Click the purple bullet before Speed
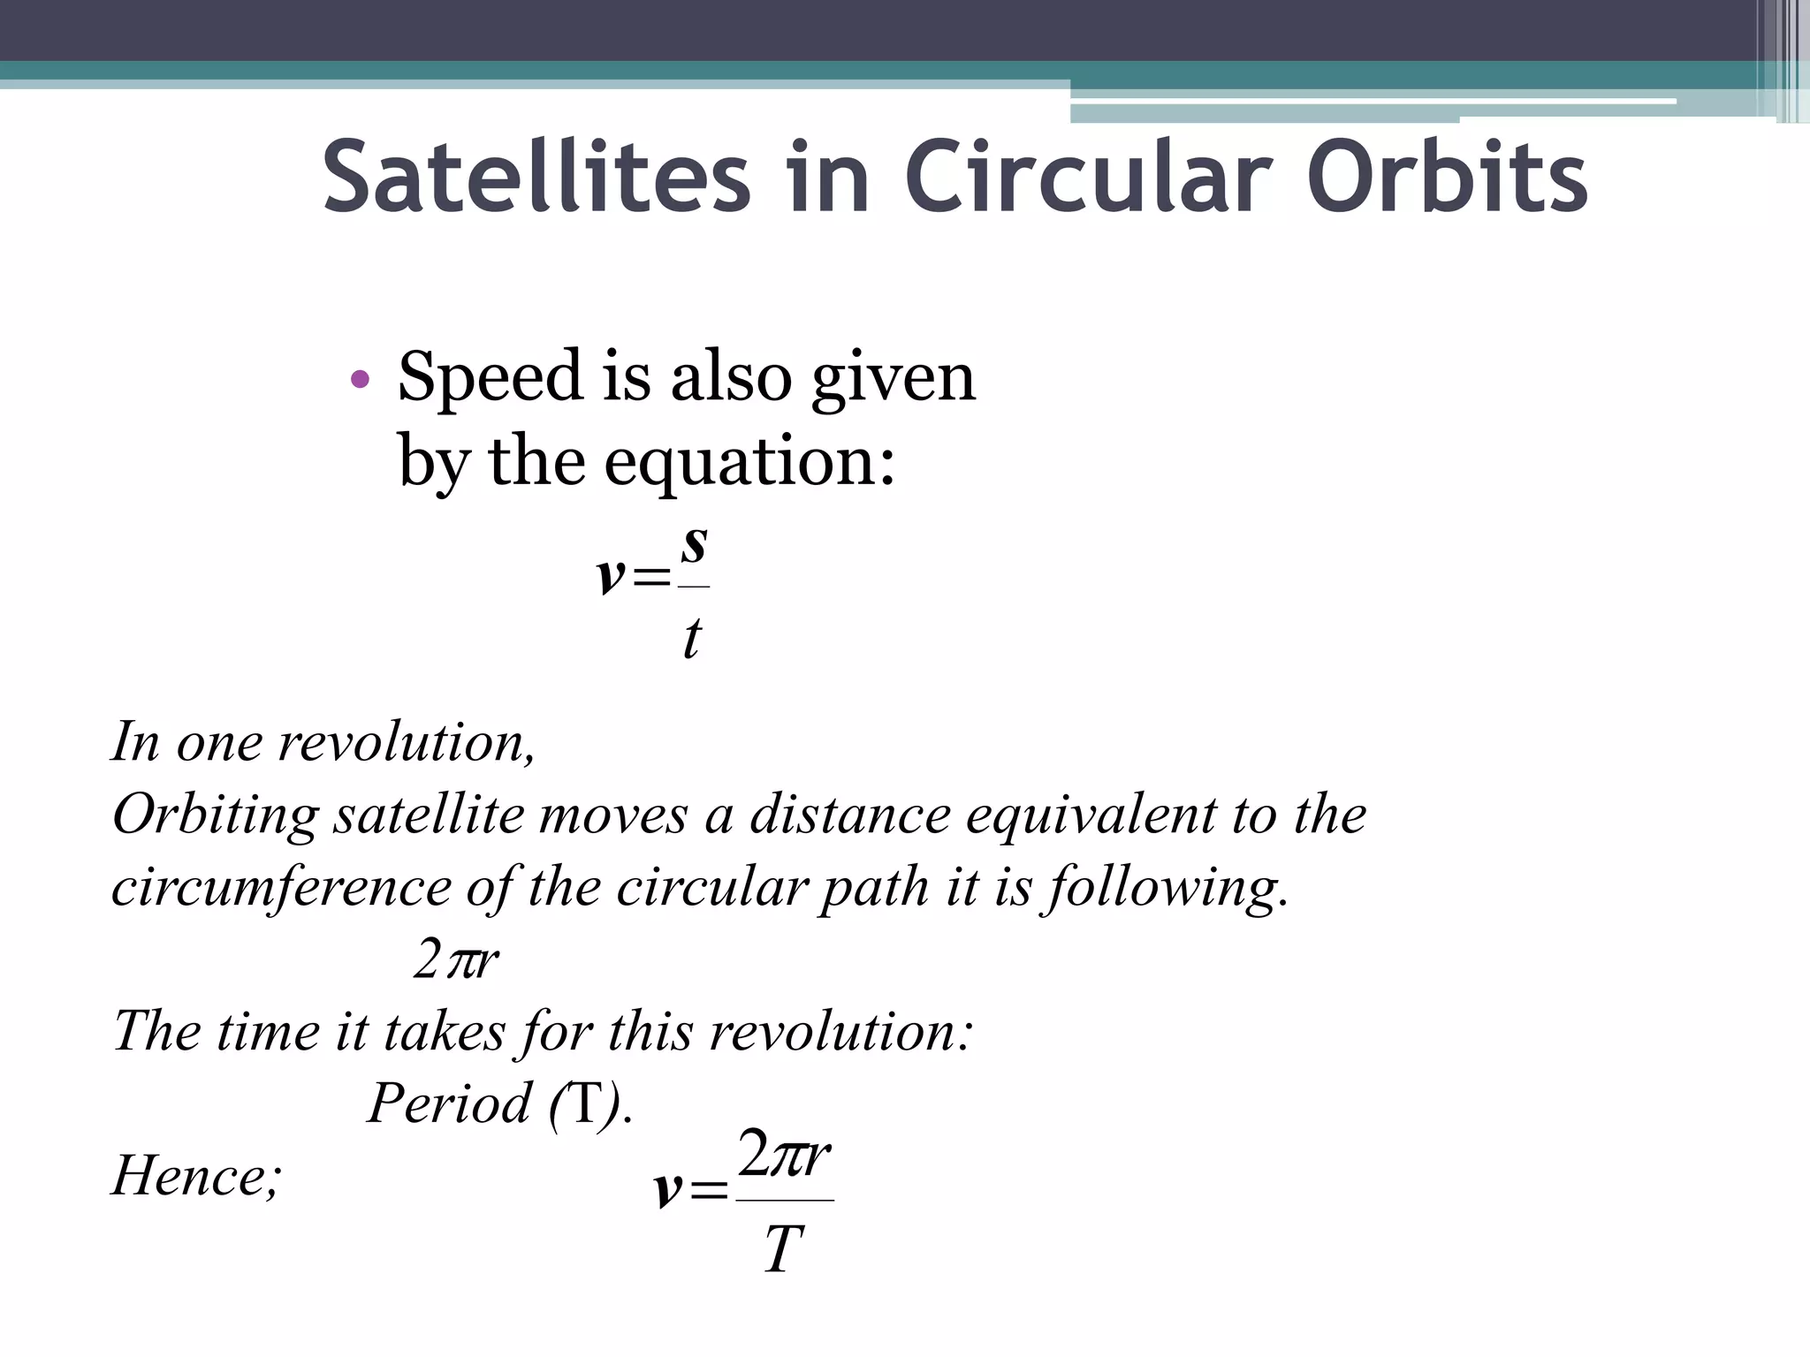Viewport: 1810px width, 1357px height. [359, 381]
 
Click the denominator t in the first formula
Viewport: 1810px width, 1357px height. [692, 638]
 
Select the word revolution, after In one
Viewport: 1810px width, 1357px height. [407, 742]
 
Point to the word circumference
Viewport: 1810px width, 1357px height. [282, 888]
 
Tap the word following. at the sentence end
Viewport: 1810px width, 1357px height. [1168, 888]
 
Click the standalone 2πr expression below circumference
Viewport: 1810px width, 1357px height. [456, 960]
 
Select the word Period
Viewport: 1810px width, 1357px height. [450, 1104]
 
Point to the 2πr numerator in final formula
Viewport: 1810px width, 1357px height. [784, 1154]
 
